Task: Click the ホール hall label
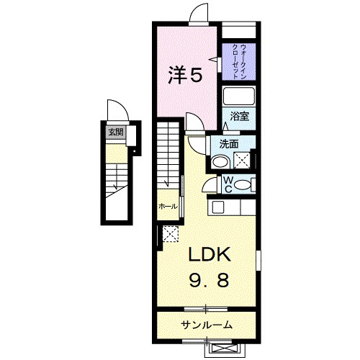[168, 206]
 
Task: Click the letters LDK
[209, 255]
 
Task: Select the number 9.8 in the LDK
[209, 281]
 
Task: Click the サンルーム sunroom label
[207, 325]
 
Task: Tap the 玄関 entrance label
[115, 132]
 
